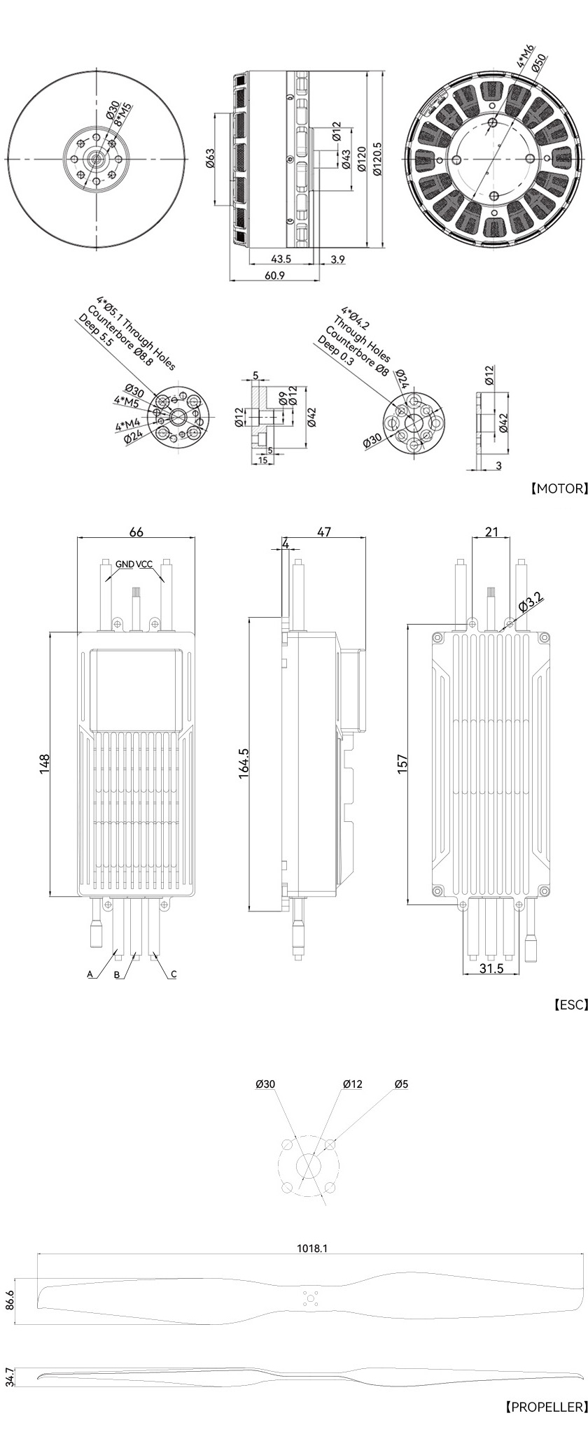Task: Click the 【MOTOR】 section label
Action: [x=558, y=488]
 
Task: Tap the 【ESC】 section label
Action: [x=568, y=1005]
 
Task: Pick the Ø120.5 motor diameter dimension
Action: [x=378, y=160]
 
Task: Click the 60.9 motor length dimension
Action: [x=274, y=276]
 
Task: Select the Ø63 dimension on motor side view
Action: [x=211, y=159]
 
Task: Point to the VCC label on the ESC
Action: [x=144, y=564]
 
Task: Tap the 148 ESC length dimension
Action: [x=45, y=764]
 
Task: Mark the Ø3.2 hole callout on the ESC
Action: [x=531, y=601]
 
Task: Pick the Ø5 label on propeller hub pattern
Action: [x=401, y=1084]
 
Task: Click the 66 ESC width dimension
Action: [x=136, y=532]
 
